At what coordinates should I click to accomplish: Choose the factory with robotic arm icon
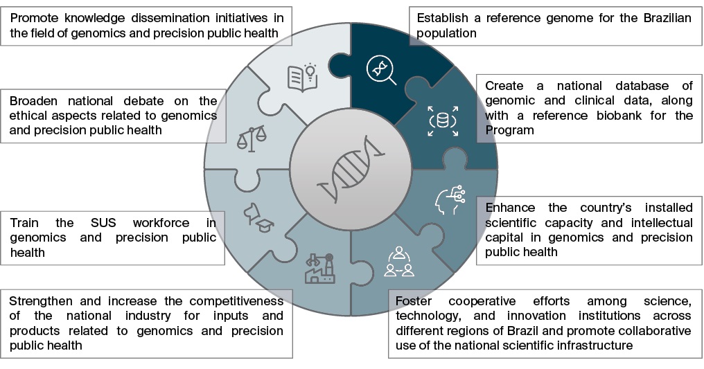point(319,268)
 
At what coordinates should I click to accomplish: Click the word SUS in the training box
point(103,222)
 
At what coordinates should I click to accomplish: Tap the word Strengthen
point(39,300)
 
